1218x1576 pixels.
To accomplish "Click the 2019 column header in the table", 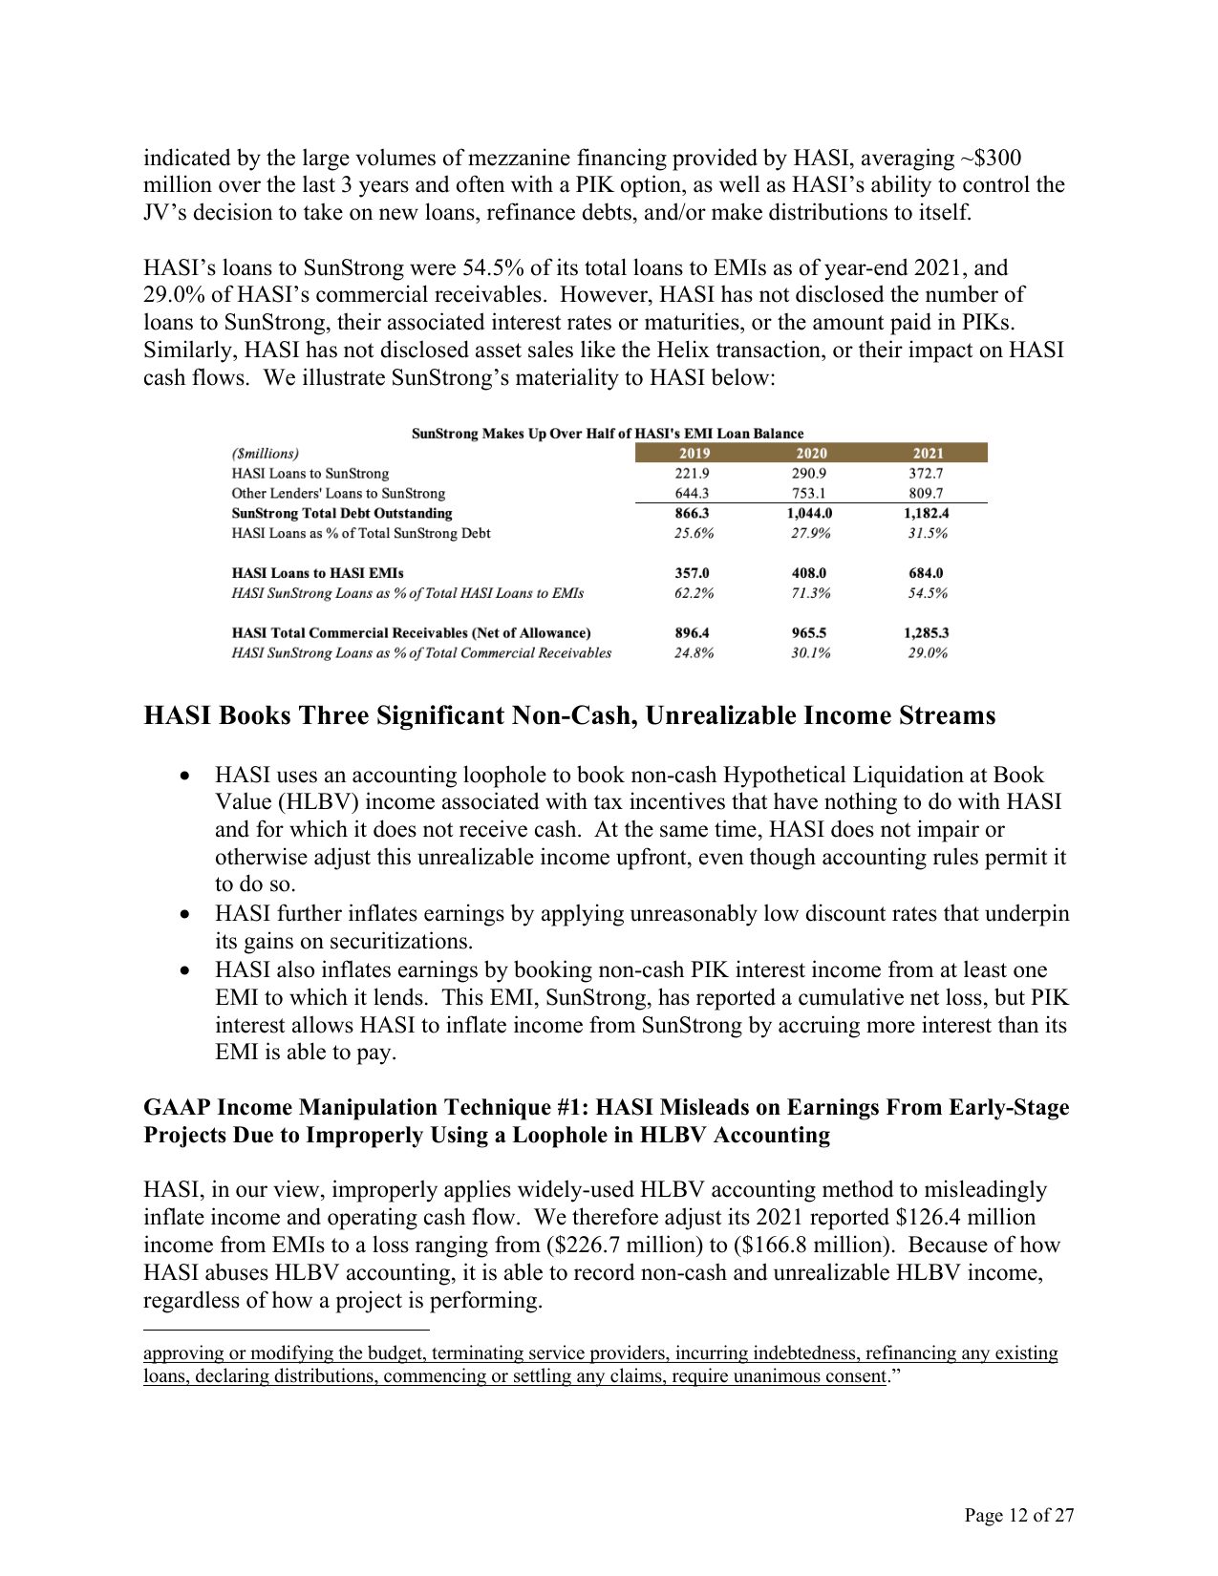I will click(694, 454).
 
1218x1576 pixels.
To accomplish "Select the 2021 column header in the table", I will click(928, 454).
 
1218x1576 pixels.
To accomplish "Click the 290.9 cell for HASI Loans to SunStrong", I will click(810, 474).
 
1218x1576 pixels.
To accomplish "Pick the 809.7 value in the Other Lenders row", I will click(927, 494).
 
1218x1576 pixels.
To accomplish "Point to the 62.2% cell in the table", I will click(694, 593).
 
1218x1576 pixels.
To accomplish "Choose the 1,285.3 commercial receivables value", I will click(926, 633).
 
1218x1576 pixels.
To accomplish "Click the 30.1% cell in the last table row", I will click(810, 653).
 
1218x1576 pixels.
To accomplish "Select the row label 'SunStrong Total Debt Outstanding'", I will click(342, 514).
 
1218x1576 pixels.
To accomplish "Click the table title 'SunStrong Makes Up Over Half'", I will click(608, 434).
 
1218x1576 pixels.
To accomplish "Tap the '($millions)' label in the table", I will click(265, 454).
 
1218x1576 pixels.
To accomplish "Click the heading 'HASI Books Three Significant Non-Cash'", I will click(569, 715).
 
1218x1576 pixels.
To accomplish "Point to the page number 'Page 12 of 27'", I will click(1019, 1516).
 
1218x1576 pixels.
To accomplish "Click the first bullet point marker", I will click(186, 776).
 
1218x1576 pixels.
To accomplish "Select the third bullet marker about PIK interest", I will click(186, 970).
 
